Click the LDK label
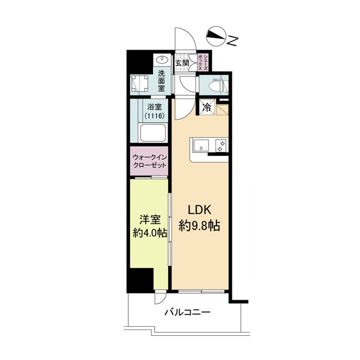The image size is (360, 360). pos(200,210)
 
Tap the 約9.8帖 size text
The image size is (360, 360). pos(200,226)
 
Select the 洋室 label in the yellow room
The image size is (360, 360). pos(150,220)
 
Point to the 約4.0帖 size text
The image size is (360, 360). pos(150,233)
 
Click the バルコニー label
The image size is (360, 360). pos(187,313)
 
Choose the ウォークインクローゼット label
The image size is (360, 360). pos(150,161)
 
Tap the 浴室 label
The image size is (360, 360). pos(155,107)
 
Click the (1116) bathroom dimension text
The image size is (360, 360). pos(155,116)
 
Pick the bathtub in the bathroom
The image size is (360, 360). pos(153,133)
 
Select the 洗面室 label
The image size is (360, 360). pos(161,81)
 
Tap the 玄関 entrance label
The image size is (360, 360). pos(182,63)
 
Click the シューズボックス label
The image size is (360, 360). pos(202,62)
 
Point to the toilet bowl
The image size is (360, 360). pos(216,85)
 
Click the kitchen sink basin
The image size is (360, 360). pos(201,146)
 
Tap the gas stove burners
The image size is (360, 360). pos(220,146)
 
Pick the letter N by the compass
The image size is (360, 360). pos(232,41)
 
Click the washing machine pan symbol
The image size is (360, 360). pos(140,84)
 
